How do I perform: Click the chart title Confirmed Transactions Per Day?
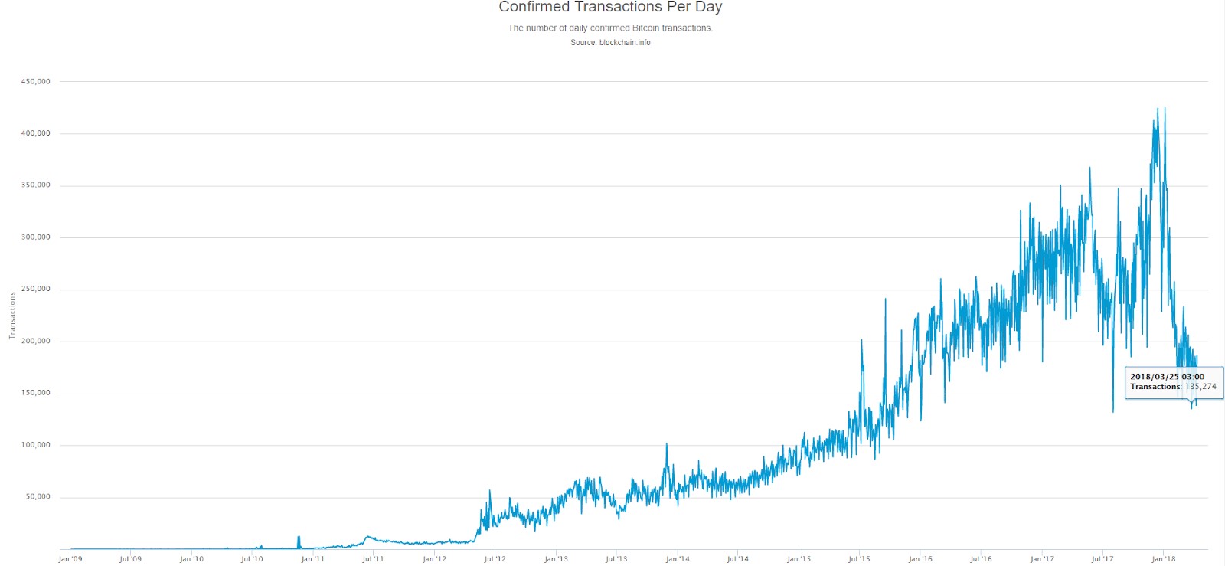[x=610, y=8]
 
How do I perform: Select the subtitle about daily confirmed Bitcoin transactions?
[x=610, y=28]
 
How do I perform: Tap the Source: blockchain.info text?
[x=610, y=43]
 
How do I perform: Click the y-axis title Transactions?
[x=12, y=316]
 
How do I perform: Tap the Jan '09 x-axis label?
[x=70, y=559]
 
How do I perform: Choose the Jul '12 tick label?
[x=495, y=559]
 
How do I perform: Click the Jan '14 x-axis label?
[x=678, y=559]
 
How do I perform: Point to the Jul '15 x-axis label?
[x=859, y=559]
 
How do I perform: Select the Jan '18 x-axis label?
[x=1163, y=559]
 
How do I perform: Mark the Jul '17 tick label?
[x=1102, y=559]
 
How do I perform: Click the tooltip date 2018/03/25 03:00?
[x=1167, y=377]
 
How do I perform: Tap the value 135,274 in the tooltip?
[x=1200, y=387]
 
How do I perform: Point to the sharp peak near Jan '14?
[x=666, y=445]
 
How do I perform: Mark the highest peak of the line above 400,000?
[x=1157, y=110]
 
